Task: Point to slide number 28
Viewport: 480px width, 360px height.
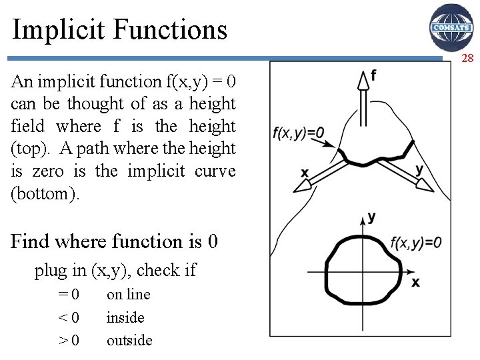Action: (467, 59)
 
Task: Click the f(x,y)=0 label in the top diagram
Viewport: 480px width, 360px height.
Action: (299, 133)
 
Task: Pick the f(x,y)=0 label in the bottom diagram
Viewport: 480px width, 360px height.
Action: (416, 243)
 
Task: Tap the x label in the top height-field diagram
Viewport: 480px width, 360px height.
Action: (305, 173)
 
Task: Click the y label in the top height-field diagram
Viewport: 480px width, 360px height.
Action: (419, 169)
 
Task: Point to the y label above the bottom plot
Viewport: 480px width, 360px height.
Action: (371, 217)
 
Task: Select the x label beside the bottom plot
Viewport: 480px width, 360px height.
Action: (415, 283)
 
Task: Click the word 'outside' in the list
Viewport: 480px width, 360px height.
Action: (129, 341)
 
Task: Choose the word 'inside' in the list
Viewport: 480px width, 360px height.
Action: (125, 318)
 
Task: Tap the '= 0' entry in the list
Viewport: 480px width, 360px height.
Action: (69, 295)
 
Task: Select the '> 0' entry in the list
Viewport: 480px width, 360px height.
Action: (69, 341)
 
